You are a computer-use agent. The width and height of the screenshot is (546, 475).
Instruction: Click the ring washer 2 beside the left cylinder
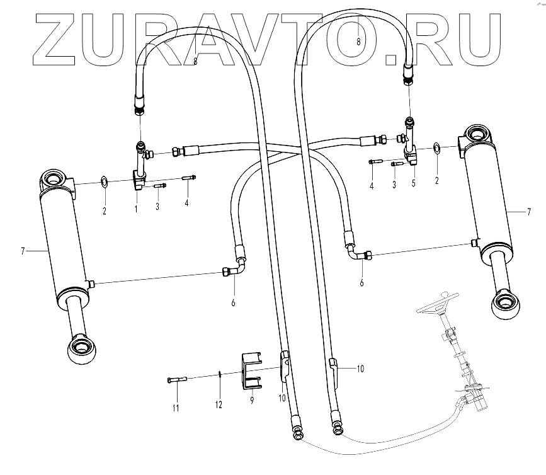point(105,183)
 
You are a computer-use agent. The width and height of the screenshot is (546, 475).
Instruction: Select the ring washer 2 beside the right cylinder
point(436,148)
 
